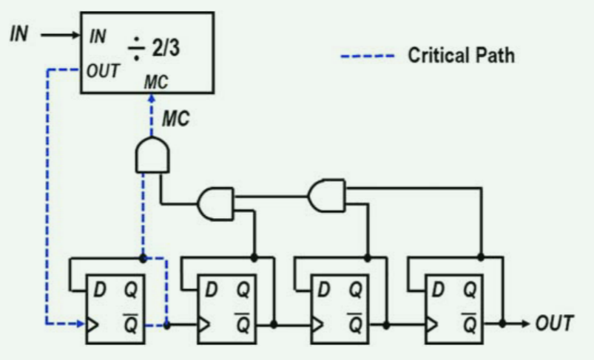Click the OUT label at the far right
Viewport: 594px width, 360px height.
tap(554, 324)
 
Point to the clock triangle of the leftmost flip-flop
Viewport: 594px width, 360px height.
tap(93, 325)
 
